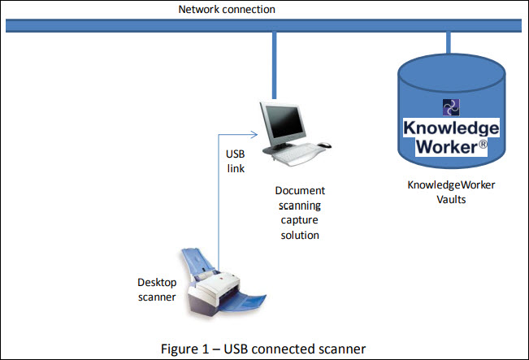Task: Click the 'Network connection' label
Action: pyautogui.click(x=227, y=10)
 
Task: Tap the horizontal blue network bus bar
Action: pyautogui.click(x=263, y=26)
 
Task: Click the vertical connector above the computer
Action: pyautogui.click(x=275, y=66)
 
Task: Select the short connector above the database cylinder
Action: pyautogui.click(x=449, y=43)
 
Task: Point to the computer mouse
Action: pyautogui.click(x=324, y=145)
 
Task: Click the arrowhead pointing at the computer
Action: pyautogui.click(x=254, y=135)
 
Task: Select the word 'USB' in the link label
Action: pyautogui.click(x=235, y=154)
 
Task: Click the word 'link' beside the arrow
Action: pyautogui.click(x=236, y=168)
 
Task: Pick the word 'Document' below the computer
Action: pyautogui.click(x=300, y=191)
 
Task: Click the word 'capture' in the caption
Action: pyautogui.click(x=300, y=220)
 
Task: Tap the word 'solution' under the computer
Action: pyautogui.click(x=300, y=235)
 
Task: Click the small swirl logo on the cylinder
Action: pyautogui.click(x=451, y=107)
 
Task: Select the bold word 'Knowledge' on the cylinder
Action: pyautogui.click(x=451, y=128)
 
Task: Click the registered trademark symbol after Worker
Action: pyautogui.click(x=483, y=145)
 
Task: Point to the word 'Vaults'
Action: pyautogui.click(x=451, y=199)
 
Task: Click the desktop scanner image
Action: pyautogui.click(x=223, y=283)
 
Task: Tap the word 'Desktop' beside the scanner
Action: pyautogui.click(x=157, y=283)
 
